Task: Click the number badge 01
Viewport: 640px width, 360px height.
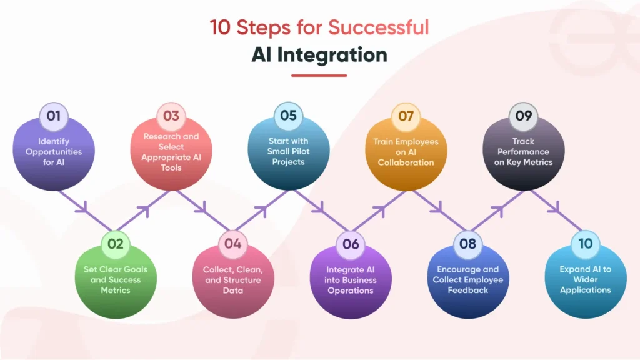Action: tap(54, 116)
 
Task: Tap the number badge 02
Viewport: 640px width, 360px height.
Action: tap(116, 244)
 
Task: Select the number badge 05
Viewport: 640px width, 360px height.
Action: tap(288, 116)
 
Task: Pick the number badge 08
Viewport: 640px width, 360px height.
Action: tap(468, 244)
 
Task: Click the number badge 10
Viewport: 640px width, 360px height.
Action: tap(585, 244)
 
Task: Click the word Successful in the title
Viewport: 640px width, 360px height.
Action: tap(379, 28)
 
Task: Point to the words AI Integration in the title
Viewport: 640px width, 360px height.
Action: tap(319, 54)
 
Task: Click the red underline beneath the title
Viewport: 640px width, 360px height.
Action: tap(319, 75)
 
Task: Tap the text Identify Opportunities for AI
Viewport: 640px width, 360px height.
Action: tap(54, 152)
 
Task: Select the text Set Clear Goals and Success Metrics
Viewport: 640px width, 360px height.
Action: tap(116, 280)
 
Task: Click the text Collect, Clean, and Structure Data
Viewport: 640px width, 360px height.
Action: tap(233, 280)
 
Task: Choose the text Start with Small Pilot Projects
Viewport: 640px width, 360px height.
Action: tap(288, 152)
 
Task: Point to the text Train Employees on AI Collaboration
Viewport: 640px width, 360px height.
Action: tap(406, 152)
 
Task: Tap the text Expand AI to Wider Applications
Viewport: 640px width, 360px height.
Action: tap(585, 280)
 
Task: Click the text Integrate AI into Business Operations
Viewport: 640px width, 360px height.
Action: tap(351, 280)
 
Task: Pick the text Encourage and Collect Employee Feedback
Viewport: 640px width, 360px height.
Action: tap(468, 280)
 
